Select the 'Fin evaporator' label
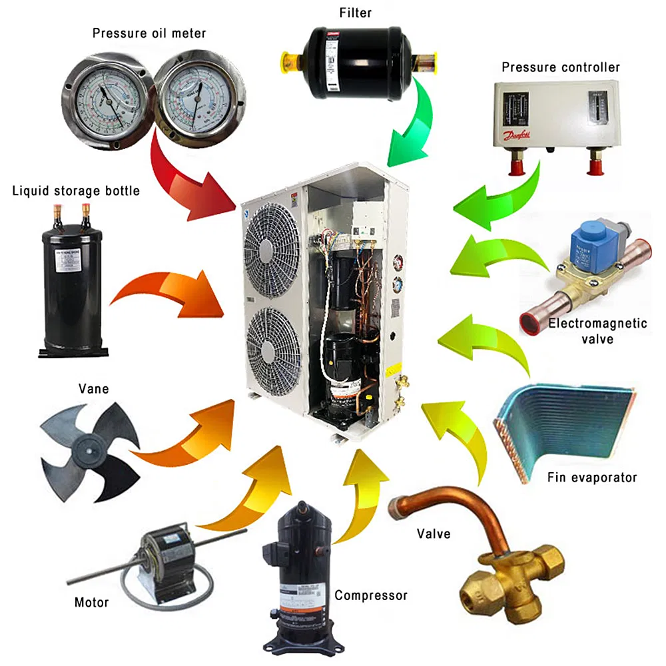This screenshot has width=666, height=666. [591, 477]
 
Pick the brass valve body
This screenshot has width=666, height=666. [506, 579]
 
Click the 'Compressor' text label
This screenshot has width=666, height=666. [370, 595]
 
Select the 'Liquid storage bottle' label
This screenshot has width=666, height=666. [76, 191]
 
